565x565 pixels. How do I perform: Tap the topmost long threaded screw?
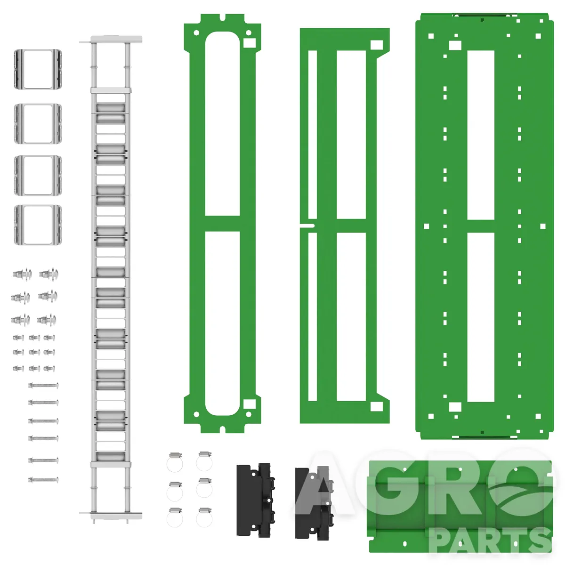point(43,386)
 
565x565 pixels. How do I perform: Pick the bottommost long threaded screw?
point(43,480)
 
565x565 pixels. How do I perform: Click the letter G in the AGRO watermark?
point(396,484)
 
